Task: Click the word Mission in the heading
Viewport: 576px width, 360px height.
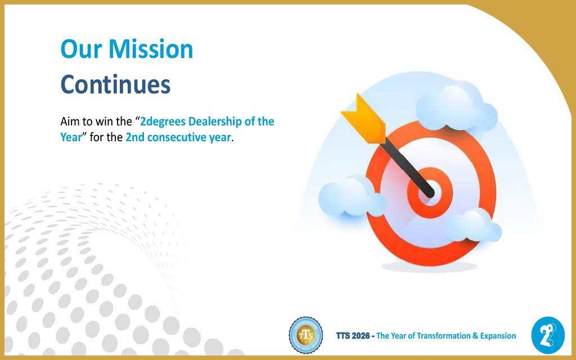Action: [x=151, y=49]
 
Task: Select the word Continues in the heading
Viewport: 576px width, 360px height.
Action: [x=115, y=84]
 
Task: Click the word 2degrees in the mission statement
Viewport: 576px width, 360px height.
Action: [x=163, y=121]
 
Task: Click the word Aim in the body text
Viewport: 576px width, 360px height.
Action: [x=70, y=121]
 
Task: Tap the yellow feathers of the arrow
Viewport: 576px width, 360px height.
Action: [x=364, y=118]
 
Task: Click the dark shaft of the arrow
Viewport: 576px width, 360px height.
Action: [x=408, y=167]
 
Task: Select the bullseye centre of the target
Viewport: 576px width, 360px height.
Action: [x=429, y=193]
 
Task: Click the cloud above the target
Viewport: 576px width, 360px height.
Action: [x=456, y=107]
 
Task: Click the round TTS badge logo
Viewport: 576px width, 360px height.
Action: [x=305, y=335]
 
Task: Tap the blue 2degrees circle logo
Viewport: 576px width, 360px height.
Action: [x=548, y=335]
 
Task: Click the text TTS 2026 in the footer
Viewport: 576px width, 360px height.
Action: [x=353, y=336]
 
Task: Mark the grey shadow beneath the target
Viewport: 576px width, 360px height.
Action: [x=429, y=267]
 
